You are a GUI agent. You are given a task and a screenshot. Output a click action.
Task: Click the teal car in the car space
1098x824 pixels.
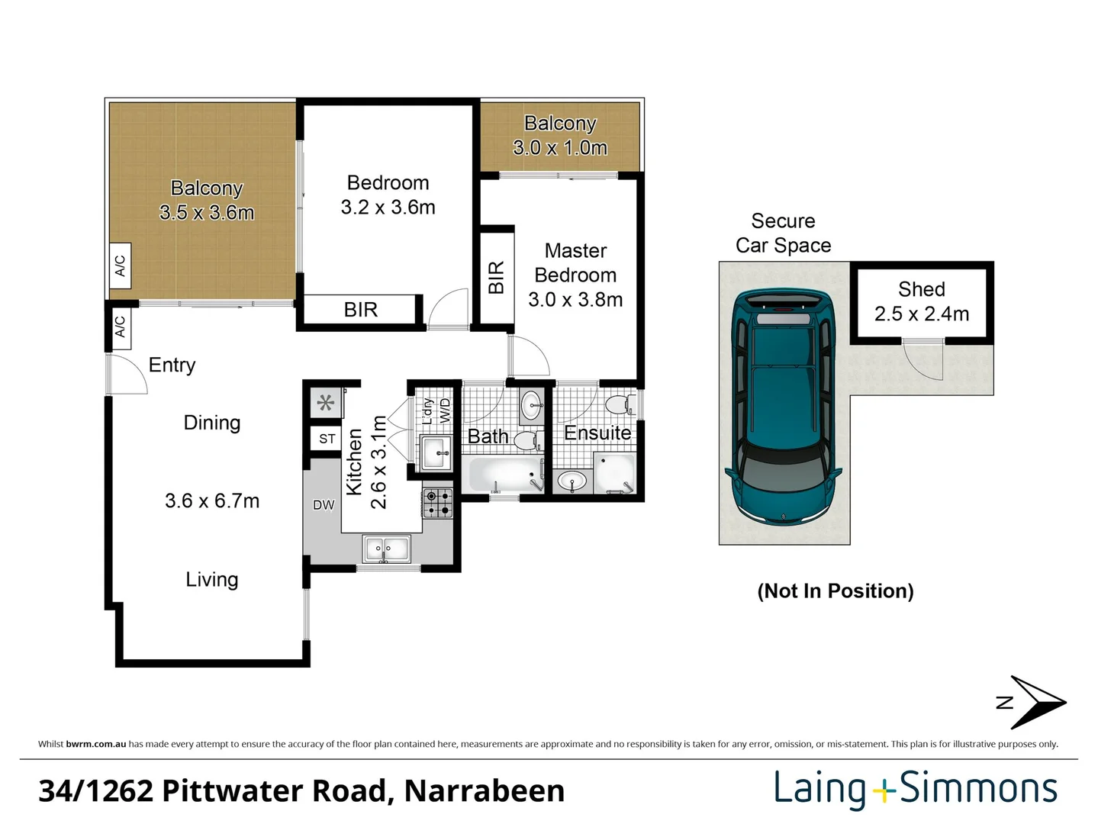(x=784, y=405)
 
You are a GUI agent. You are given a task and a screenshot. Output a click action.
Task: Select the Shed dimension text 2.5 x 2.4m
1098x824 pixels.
(x=921, y=314)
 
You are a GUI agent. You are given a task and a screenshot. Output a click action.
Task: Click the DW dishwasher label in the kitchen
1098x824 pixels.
(x=324, y=505)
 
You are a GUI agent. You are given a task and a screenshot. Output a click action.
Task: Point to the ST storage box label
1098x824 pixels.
(x=327, y=439)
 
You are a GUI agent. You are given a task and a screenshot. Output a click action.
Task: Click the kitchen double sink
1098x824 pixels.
(x=387, y=549)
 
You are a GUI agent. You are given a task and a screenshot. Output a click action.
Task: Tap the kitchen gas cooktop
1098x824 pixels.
(x=438, y=503)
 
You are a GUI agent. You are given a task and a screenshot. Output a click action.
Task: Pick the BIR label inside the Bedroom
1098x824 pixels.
(x=360, y=310)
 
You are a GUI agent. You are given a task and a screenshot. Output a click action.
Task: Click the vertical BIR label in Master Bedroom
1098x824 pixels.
(x=496, y=277)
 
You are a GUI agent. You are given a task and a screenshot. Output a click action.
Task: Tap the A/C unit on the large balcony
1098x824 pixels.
(x=120, y=266)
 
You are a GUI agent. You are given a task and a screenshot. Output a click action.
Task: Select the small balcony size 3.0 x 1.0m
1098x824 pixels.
(x=560, y=148)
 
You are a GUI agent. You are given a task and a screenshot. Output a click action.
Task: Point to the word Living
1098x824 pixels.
(x=212, y=580)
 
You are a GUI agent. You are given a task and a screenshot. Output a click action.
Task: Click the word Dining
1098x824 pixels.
(x=212, y=423)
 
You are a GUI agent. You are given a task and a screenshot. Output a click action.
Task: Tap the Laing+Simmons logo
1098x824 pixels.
(x=916, y=788)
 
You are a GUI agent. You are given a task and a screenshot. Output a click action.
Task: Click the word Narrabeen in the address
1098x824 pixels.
(x=485, y=791)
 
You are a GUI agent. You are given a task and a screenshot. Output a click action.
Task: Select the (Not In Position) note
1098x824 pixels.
(x=835, y=591)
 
